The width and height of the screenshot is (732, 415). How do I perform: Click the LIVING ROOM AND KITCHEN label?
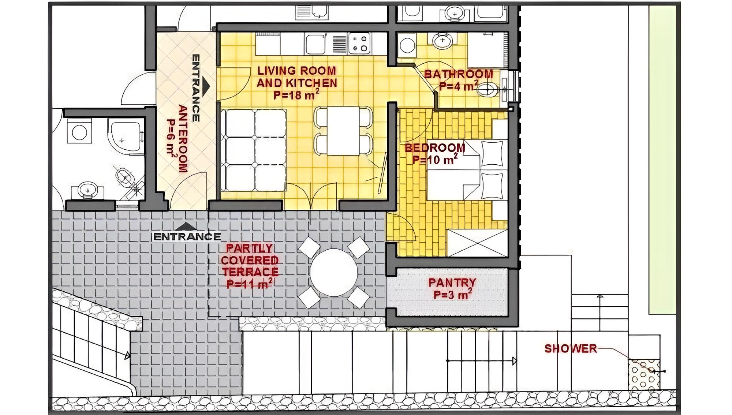(x=296, y=77)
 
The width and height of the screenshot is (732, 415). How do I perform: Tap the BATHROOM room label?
(x=459, y=74)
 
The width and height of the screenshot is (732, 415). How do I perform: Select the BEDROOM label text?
(x=435, y=148)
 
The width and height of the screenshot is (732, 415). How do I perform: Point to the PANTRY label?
(x=452, y=283)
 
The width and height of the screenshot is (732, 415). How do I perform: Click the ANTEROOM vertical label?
(x=183, y=138)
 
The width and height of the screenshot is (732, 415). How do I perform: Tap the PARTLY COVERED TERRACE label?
(x=250, y=260)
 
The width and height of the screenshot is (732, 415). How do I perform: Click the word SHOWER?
(x=571, y=348)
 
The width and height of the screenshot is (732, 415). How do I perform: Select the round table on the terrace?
(x=333, y=273)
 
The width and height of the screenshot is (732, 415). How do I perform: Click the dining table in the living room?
(x=343, y=131)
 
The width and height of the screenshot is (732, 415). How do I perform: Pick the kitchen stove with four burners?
(x=359, y=43)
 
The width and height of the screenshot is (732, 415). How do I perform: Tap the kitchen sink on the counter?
(x=315, y=44)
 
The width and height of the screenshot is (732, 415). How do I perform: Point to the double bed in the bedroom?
(x=467, y=170)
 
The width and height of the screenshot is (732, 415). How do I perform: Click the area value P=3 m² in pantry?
(x=452, y=294)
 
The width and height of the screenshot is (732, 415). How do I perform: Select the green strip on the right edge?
(x=662, y=160)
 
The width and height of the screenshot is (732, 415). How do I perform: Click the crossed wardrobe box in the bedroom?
(x=477, y=243)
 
